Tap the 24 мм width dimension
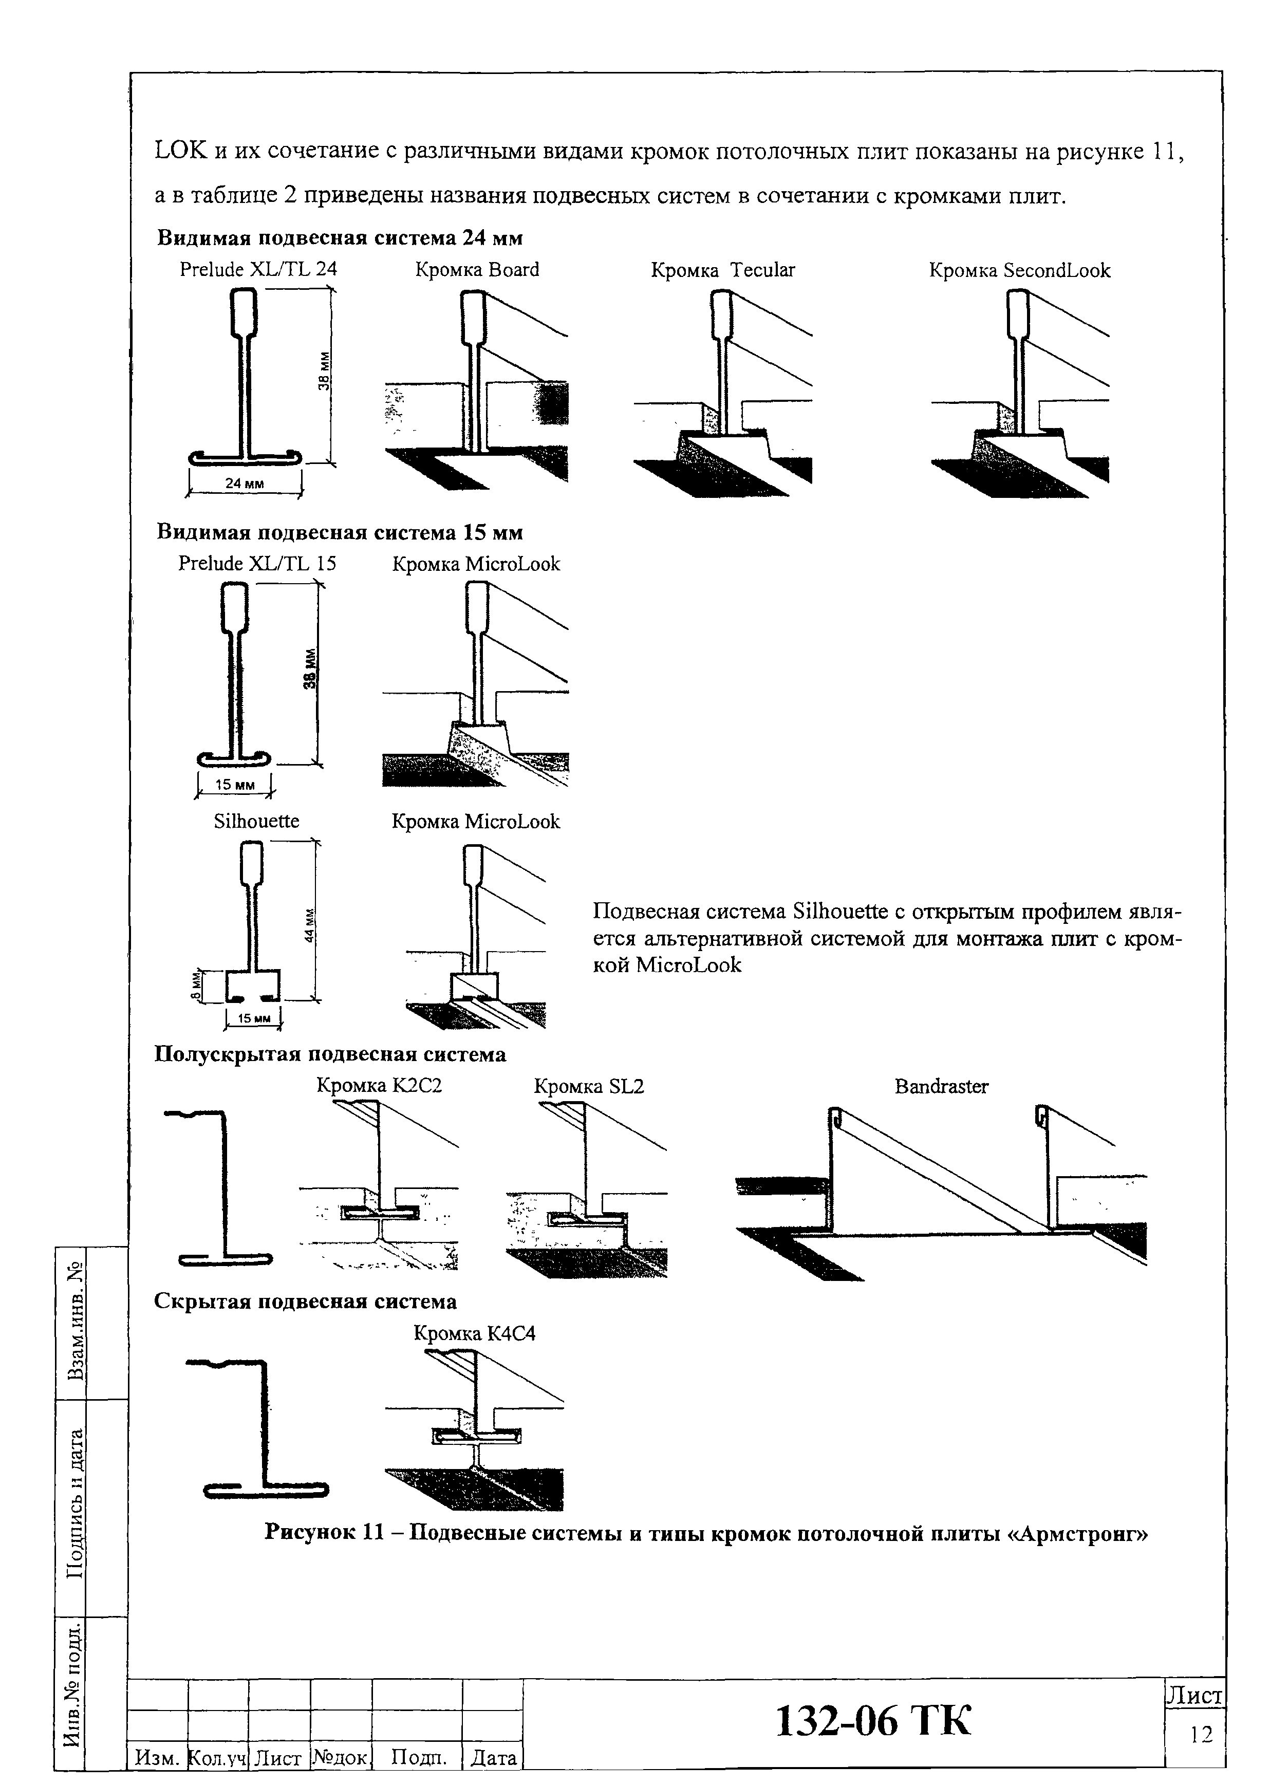(244, 484)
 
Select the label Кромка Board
(477, 270)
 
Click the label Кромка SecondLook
(1019, 271)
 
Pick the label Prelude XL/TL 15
(257, 564)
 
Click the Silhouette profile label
(256, 821)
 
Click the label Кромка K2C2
(379, 1086)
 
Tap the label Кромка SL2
(589, 1086)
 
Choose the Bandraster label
(942, 1086)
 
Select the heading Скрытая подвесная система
(306, 1302)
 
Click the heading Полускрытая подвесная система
(330, 1054)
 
